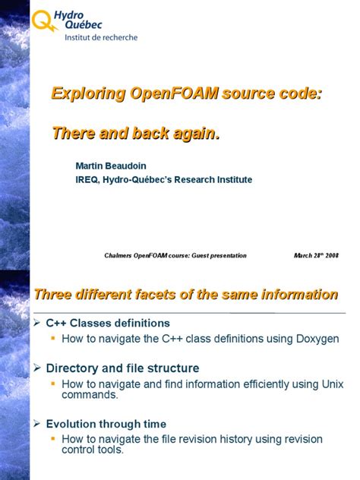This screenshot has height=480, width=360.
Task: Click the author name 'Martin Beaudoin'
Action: coord(112,166)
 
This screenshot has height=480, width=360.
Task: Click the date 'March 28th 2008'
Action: coord(316,255)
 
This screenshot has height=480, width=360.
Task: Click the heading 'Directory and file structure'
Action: coord(122,368)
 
